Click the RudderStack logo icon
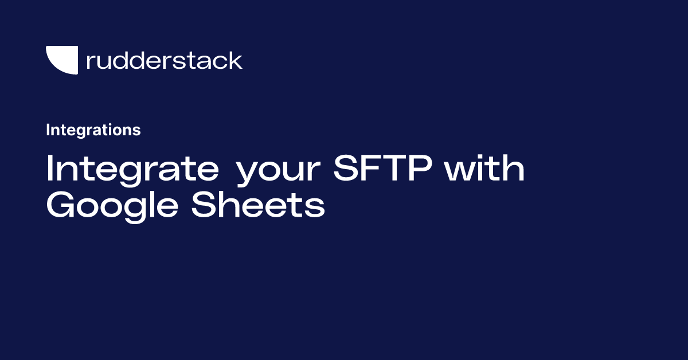tap(62, 60)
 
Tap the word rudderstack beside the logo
tap(164, 60)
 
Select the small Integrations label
tap(93, 130)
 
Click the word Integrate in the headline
tap(132, 169)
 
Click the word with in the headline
tap(487, 169)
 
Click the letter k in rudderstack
tap(236, 60)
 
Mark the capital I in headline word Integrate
tap(50, 169)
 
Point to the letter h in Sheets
tap(230, 205)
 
